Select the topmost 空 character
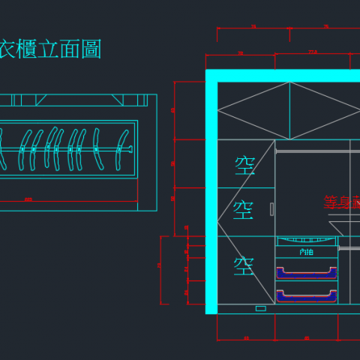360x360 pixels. point(245,165)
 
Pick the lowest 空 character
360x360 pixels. point(244,265)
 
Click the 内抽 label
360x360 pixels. point(306,252)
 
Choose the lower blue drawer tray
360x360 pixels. point(306,295)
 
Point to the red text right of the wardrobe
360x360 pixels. point(342,202)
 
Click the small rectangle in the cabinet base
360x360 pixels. point(260,308)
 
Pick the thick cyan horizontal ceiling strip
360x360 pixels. point(285,76)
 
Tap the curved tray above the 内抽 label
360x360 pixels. point(306,241)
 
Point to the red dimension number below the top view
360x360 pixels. point(28,199)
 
